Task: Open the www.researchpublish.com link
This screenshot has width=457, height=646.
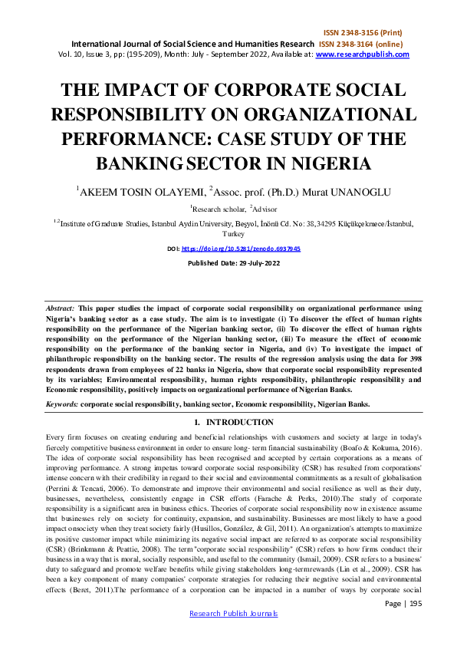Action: [x=362, y=54]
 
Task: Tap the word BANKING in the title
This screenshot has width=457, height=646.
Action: [x=137, y=163]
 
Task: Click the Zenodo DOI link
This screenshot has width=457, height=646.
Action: [x=240, y=249]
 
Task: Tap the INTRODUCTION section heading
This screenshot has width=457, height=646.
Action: [x=234, y=422]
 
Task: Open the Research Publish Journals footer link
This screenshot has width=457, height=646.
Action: [x=233, y=635]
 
